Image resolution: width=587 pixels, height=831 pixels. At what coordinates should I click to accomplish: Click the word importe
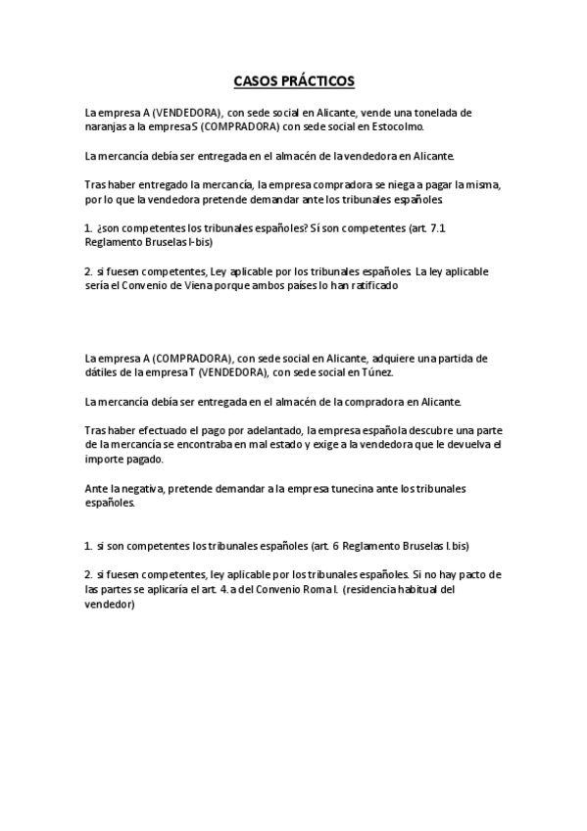(105, 458)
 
